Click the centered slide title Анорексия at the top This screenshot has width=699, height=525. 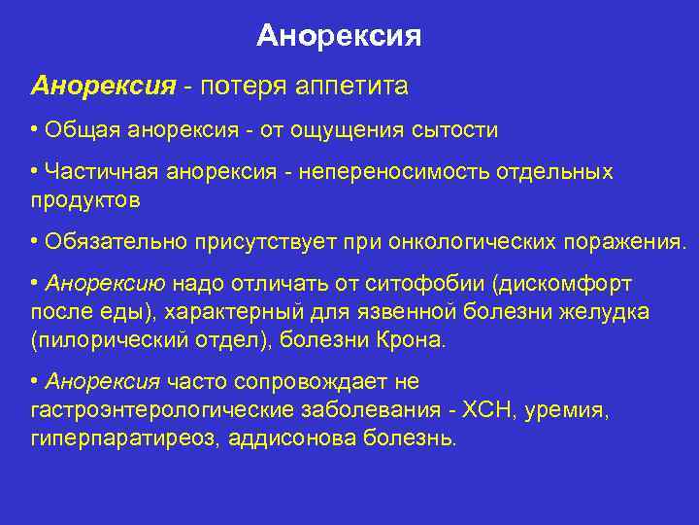(x=339, y=37)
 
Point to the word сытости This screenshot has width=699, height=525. (x=456, y=129)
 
